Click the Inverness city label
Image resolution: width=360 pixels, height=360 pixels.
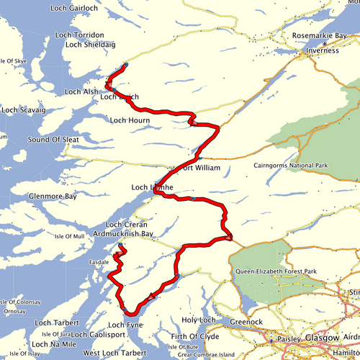(322, 50)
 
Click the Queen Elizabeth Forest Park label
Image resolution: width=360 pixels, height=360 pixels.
(276, 271)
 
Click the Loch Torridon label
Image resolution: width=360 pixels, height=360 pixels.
(89, 35)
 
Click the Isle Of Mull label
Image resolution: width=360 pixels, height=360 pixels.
(70, 235)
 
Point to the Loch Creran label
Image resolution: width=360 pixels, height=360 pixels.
(126, 225)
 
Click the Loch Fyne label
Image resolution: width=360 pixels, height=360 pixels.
(125, 326)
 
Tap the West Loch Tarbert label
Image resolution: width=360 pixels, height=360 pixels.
(115, 353)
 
